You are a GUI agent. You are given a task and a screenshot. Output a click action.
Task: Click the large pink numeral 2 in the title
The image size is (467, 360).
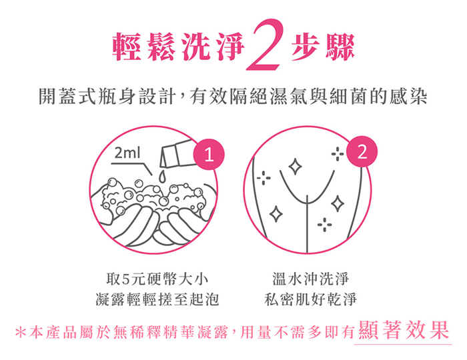click(x=264, y=45)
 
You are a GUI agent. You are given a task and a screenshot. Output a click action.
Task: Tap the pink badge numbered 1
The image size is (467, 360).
click(x=209, y=155)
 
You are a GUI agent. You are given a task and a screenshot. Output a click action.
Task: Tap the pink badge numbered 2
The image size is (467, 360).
click(x=362, y=151)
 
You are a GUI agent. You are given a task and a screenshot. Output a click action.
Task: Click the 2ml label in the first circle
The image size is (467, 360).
click(x=127, y=153)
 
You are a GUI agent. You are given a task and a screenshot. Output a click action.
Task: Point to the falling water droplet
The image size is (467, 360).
click(x=161, y=176)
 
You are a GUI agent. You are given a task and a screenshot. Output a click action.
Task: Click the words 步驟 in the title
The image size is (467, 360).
click(x=323, y=47)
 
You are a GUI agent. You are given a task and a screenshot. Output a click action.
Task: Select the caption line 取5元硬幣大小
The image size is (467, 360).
click(x=157, y=279)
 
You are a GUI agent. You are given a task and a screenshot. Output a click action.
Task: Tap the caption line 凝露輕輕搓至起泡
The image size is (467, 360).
click(x=157, y=299)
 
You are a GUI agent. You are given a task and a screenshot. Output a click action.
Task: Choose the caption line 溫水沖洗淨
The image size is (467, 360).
click(x=310, y=279)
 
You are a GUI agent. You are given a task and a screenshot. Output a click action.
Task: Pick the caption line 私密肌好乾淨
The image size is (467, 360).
click(x=310, y=299)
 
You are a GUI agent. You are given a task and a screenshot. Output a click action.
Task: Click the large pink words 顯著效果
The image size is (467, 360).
click(x=404, y=330)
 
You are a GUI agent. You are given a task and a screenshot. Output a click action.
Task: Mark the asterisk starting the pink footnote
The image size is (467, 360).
click(x=20, y=333)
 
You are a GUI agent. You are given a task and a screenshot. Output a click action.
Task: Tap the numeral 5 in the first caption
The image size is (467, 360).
click(x=125, y=279)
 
